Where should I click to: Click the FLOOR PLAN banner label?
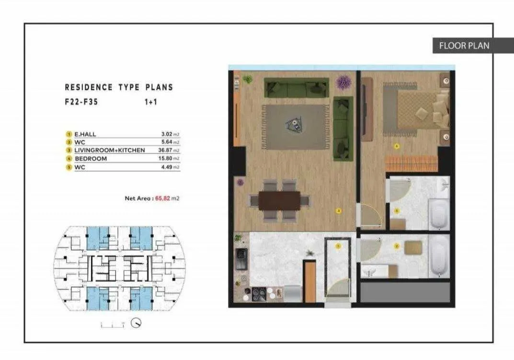click(x=464, y=46)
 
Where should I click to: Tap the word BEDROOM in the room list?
click(x=91, y=158)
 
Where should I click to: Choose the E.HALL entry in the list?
click(x=85, y=134)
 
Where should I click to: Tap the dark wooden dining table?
click(x=279, y=200)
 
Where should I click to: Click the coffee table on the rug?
click(x=294, y=125)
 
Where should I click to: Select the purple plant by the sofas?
click(x=343, y=82)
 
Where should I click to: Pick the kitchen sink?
click(x=241, y=260)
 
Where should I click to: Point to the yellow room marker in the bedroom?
click(x=396, y=146)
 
